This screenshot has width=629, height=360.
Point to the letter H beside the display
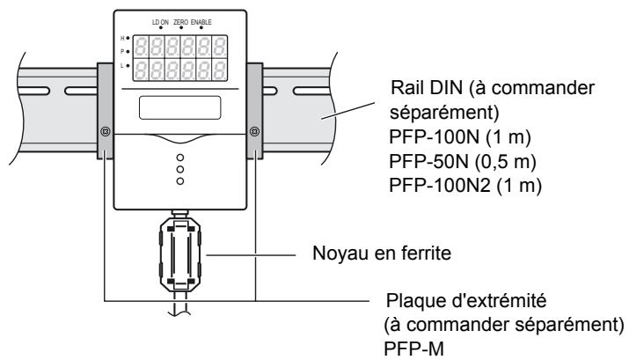click(123, 38)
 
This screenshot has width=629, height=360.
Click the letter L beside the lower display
click(123, 66)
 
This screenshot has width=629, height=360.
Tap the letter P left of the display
click(123, 52)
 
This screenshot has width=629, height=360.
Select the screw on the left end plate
click(106, 132)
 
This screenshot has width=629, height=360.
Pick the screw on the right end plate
click(255, 132)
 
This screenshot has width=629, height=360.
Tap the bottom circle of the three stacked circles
click(180, 181)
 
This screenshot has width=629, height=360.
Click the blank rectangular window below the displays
click(180, 108)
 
